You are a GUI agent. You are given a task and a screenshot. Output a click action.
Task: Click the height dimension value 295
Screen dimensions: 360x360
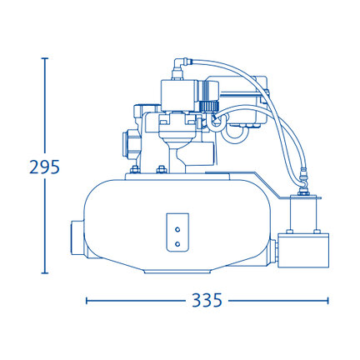click(44, 167)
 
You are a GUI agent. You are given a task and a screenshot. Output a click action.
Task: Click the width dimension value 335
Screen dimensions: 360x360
click(207, 300)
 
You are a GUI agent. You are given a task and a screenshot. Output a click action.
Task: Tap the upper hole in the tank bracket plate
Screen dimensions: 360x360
click(177, 229)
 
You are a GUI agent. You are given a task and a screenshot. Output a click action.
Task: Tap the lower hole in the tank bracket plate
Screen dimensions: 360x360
click(177, 244)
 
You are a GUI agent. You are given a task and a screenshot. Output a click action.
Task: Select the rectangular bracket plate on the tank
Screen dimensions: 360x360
click(177, 232)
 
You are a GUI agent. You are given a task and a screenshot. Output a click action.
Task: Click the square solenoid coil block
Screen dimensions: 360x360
click(179, 96)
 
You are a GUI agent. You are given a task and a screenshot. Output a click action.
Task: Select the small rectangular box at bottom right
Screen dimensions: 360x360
click(303, 251)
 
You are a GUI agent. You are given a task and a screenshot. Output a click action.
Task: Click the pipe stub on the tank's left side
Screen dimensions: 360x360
click(77, 237)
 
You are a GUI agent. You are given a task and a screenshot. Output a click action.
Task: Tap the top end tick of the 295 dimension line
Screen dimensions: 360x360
click(44, 58)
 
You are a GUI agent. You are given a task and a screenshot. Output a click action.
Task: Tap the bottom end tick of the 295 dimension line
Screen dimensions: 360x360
click(44, 273)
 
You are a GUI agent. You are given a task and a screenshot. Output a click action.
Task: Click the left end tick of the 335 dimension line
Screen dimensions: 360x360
click(87, 300)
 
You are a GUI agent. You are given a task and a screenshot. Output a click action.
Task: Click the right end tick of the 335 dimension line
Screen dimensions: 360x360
click(328, 300)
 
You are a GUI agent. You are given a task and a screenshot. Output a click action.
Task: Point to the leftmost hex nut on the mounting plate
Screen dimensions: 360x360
click(135, 169)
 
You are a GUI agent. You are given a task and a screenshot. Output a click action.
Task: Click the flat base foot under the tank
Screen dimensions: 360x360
click(178, 272)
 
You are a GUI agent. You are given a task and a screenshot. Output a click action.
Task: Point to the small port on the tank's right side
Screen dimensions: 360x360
click(273, 252)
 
